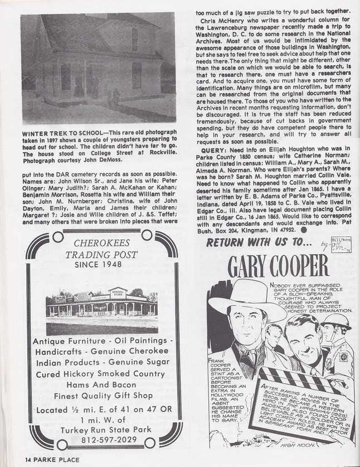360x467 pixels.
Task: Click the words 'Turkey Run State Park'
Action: click(103, 426)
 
